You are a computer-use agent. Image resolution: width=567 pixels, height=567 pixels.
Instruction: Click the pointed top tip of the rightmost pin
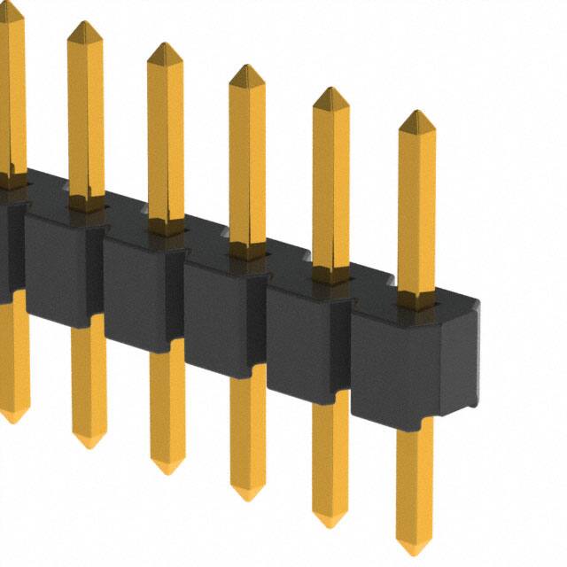click(x=416, y=113)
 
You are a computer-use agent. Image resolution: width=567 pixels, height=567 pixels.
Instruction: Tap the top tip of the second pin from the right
click(x=330, y=89)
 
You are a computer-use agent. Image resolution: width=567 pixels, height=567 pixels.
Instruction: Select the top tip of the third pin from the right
click(x=246, y=67)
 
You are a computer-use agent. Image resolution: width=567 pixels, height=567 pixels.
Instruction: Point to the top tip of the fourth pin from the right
click(x=165, y=45)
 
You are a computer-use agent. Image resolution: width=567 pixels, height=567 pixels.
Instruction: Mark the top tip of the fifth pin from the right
click(x=85, y=24)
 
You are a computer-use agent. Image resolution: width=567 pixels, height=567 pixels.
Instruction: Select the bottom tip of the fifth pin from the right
click(x=89, y=446)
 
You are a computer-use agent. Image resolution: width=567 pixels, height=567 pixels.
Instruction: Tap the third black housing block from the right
click(x=221, y=311)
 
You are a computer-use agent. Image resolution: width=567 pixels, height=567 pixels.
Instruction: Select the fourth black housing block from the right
click(x=142, y=288)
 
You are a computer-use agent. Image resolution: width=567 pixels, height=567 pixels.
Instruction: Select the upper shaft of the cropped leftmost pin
click(x=11, y=89)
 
